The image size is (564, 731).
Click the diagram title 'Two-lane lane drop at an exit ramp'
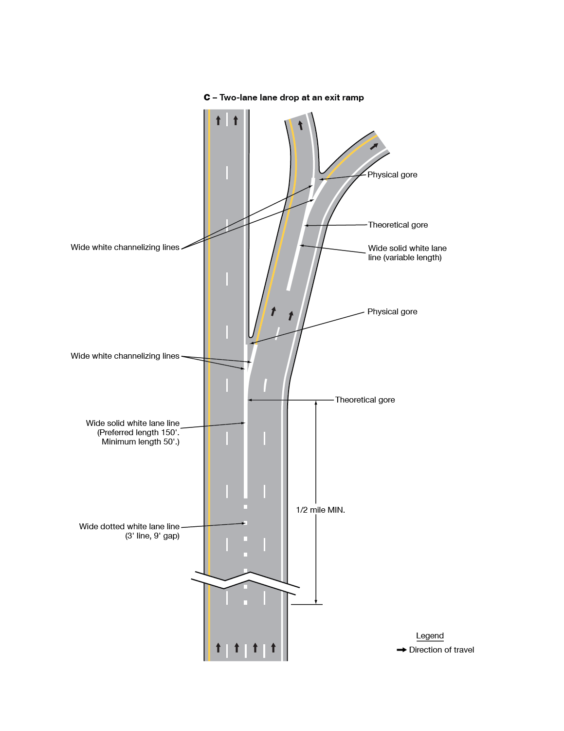(291, 97)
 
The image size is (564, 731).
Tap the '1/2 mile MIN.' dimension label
(320, 510)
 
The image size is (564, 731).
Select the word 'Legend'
(430, 636)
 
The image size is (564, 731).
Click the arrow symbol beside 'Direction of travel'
(401, 650)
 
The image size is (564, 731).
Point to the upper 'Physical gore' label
(392, 175)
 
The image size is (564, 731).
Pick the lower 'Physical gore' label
(392, 312)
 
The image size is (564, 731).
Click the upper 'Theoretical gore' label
(398, 225)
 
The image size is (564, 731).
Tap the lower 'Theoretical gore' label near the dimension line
(365, 400)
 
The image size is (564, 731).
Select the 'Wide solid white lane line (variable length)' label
(407, 253)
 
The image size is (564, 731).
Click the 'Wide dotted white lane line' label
(129, 527)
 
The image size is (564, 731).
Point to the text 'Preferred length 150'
(139, 433)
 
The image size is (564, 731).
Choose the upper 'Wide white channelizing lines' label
(125, 248)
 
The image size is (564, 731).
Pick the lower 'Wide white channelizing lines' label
(125, 356)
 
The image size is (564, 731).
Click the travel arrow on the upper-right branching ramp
(374, 146)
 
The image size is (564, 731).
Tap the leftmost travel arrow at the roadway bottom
(218, 648)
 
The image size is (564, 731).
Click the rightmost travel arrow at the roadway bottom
(273, 648)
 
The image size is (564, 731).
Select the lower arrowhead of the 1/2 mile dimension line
(316, 601)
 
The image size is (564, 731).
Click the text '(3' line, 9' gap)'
(152, 536)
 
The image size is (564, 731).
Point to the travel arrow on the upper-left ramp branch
(300, 125)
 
